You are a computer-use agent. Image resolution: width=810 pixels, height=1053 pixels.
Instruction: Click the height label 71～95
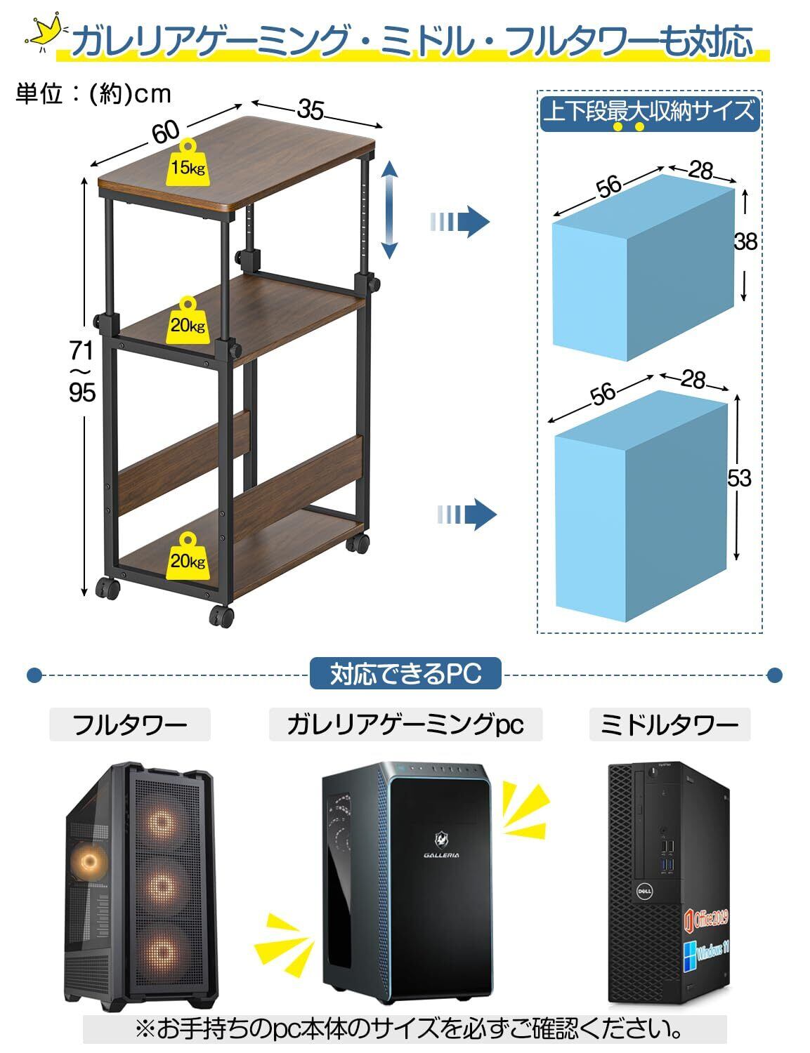(x=81, y=370)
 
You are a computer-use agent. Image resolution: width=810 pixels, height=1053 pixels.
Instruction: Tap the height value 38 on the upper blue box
(x=745, y=241)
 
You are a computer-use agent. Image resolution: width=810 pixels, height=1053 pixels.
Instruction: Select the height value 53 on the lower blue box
(x=739, y=478)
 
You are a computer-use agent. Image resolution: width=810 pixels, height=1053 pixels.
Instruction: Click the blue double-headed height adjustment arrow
(x=390, y=209)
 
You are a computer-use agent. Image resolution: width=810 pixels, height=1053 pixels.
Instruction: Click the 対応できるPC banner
(x=405, y=674)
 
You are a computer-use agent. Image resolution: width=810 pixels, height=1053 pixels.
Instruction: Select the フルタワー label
(x=130, y=724)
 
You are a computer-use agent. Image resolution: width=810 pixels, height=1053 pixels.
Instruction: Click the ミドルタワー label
(x=669, y=724)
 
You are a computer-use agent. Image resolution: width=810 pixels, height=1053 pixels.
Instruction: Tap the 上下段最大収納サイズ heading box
(x=649, y=112)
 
